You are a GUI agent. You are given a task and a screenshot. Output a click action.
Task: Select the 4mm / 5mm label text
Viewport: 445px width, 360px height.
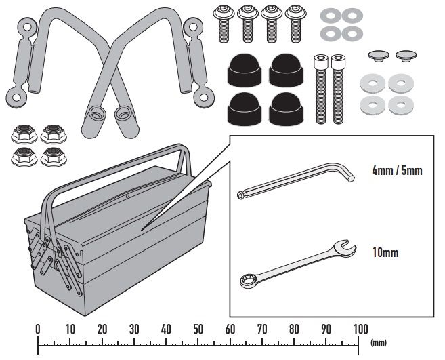pos(397,171)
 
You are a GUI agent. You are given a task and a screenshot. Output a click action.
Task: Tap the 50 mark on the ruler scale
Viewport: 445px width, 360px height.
pos(198,329)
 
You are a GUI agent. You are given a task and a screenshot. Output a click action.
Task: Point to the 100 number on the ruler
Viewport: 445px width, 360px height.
pos(359,329)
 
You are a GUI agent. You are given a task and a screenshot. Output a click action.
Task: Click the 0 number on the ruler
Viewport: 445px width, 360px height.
pos(38,329)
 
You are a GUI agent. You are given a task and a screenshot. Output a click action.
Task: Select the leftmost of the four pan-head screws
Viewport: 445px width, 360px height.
pos(224,21)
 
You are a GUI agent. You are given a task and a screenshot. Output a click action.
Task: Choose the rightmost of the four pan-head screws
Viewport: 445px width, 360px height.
pos(295,21)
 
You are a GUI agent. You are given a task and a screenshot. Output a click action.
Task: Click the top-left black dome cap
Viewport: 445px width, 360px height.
pos(243,68)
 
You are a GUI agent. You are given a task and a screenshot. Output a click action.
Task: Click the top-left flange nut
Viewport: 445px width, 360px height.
pos(22,133)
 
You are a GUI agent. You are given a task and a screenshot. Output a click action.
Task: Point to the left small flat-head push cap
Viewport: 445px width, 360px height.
pos(377,54)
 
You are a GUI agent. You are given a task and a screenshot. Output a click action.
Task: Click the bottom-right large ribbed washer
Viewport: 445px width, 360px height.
pos(401,105)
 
